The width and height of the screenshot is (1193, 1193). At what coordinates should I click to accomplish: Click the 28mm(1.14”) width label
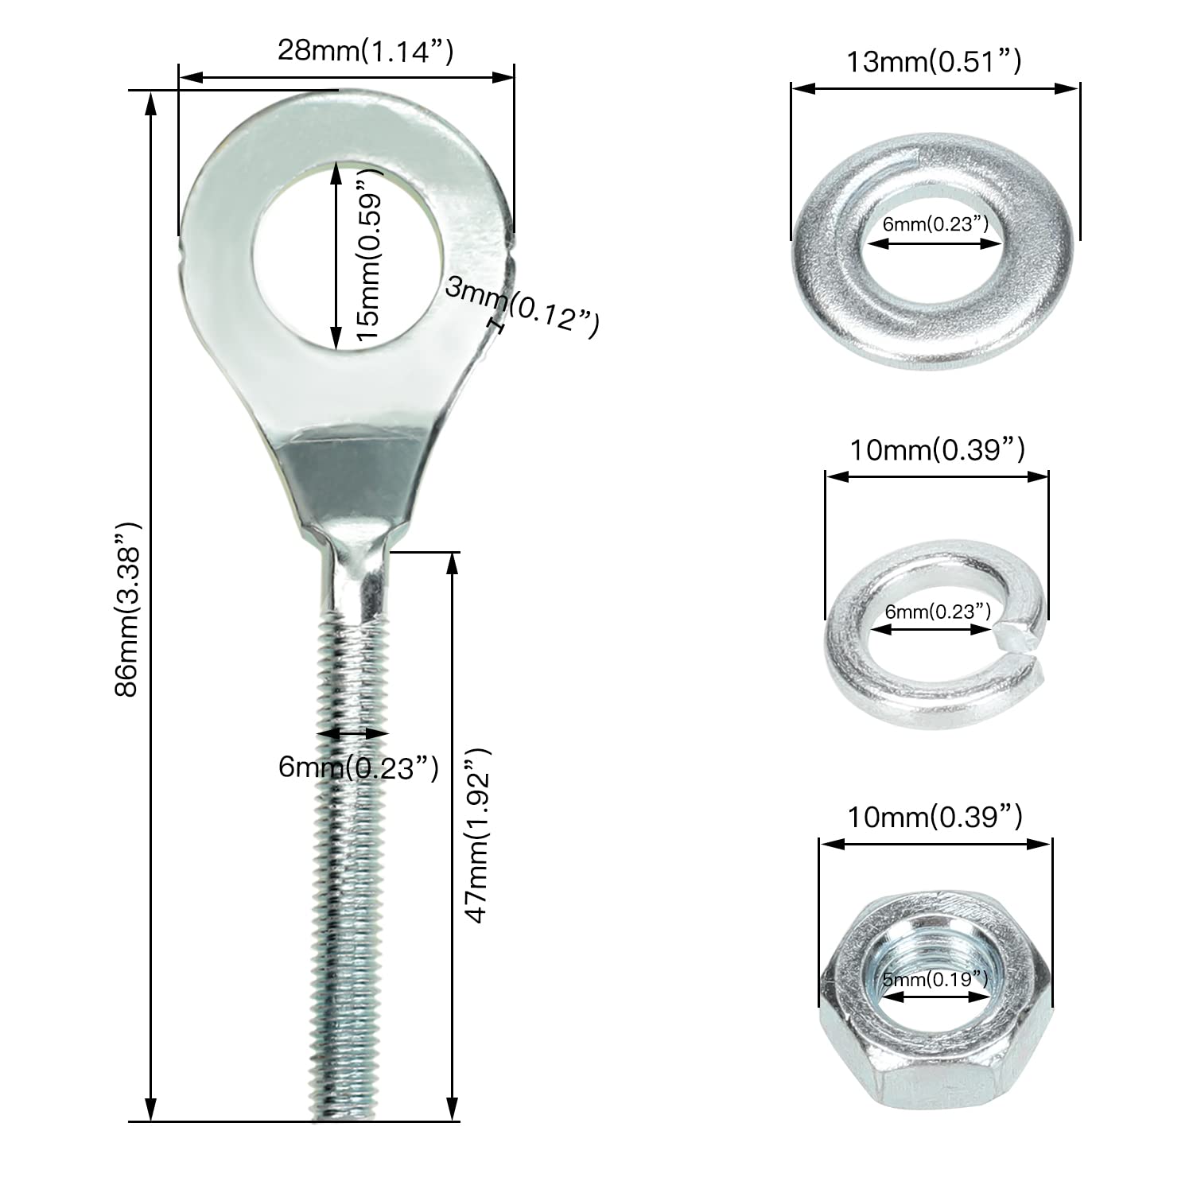click(365, 52)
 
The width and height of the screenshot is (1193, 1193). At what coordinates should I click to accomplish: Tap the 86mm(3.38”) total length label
click(128, 610)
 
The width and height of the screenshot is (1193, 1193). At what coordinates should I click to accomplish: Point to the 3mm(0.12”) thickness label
click(522, 306)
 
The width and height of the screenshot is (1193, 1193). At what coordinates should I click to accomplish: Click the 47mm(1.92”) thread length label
click(479, 835)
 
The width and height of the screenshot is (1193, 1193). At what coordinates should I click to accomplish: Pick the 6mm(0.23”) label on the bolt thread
click(359, 767)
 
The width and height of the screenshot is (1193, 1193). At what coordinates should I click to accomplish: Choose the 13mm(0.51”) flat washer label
click(934, 61)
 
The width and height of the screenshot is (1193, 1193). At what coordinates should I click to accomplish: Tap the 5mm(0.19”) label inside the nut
click(935, 978)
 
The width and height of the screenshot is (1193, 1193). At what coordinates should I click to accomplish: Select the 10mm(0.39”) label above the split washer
click(937, 450)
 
